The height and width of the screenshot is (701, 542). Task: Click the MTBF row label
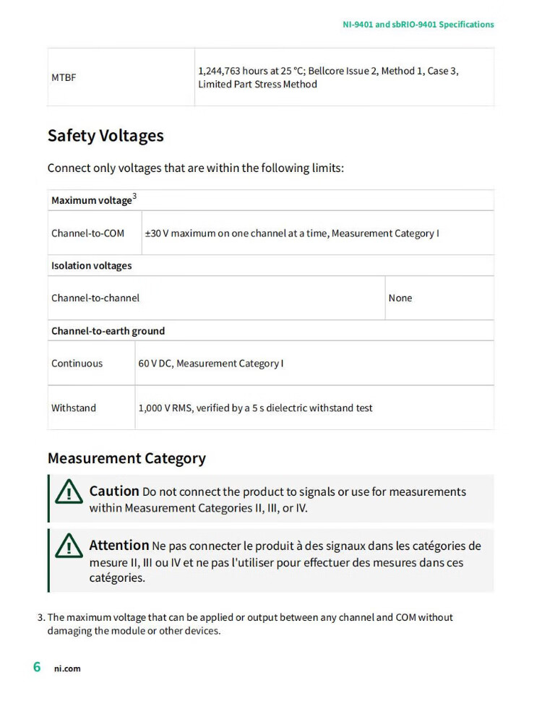pyautogui.click(x=64, y=77)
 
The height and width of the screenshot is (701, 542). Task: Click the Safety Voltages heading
pyautogui.click(x=106, y=136)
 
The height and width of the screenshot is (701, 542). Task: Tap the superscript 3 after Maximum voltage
pyautogui.click(x=134, y=197)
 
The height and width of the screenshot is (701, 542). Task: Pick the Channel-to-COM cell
pyautogui.click(x=87, y=233)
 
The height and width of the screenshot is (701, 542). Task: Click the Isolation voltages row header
pyautogui.click(x=91, y=266)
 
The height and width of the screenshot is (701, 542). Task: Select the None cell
pyautogui.click(x=400, y=298)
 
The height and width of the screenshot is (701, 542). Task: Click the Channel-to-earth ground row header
pyautogui.click(x=108, y=331)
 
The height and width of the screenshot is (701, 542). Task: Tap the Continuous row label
pyautogui.click(x=77, y=364)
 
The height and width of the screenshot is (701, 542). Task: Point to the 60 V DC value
pyautogui.click(x=155, y=364)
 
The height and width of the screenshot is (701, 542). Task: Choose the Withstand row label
pyautogui.click(x=73, y=408)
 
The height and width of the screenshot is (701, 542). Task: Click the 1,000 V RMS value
pyautogui.click(x=166, y=408)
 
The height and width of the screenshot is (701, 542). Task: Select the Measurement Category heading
pyautogui.click(x=126, y=458)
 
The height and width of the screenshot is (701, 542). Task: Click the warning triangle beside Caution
pyautogui.click(x=69, y=492)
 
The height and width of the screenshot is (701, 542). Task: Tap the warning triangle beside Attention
pyautogui.click(x=69, y=546)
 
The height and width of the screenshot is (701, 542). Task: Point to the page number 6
pyautogui.click(x=37, y=666)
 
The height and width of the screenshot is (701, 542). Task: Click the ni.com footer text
pyautogui.click(x=67, y=668)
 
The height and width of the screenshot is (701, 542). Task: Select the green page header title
pyautogui.click(x=418, y=25)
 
